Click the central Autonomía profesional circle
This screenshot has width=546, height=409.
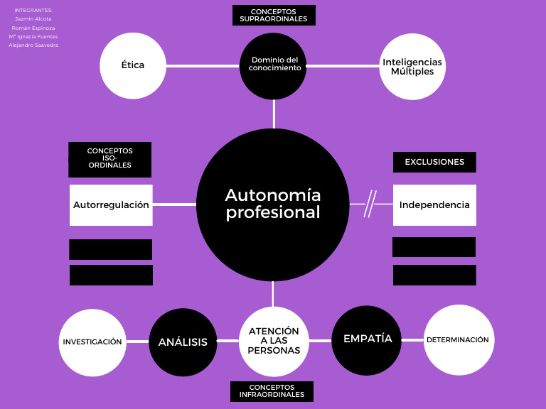point(272,204)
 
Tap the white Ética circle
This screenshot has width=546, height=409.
point(132,65)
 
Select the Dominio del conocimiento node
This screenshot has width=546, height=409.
point(273,65)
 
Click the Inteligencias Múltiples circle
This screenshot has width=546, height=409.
point(412,67)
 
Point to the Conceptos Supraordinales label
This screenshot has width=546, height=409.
point(274,15)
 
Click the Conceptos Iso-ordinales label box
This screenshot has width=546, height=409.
point(110,160)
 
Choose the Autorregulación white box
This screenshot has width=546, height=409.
point(111,204)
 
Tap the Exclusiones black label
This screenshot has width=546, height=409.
point(434,162)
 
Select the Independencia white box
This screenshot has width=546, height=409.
point(434,204)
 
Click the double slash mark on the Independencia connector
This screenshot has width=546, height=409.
point(370,204)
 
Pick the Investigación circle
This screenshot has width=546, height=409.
point(92,342)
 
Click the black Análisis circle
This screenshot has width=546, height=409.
point(183,342)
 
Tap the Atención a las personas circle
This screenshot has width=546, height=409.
point(274,341)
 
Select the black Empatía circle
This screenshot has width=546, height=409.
point(367,339)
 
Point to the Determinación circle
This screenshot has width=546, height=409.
point(458,340)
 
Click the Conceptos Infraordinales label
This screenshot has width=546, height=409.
point(272,391)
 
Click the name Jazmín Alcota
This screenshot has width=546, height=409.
point(33,19)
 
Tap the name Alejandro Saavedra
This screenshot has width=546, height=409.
point(33,45)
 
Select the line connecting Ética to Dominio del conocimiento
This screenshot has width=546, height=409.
point(203,65)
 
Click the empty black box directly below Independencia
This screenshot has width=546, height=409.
point(434,247)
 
